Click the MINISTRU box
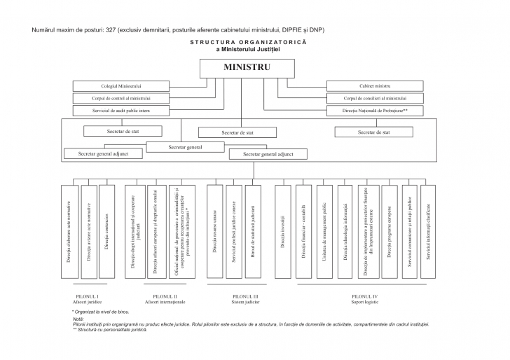point(247,68)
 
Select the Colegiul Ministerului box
point(120,86)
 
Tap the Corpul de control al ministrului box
point(120,99)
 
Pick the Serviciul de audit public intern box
point(120,111)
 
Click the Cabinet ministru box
point(375,86)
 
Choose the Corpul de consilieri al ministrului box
point(375,99)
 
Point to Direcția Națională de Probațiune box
point(375,111)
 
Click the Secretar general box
point(185,147)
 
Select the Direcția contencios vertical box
point(106,231)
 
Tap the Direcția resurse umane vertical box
point(215,231)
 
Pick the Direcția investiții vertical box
point(282,231)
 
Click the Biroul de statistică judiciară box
point(253,231)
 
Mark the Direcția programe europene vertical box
point(390,231)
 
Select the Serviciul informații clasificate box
point(428,231)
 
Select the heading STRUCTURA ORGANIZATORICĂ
point(247,42)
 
